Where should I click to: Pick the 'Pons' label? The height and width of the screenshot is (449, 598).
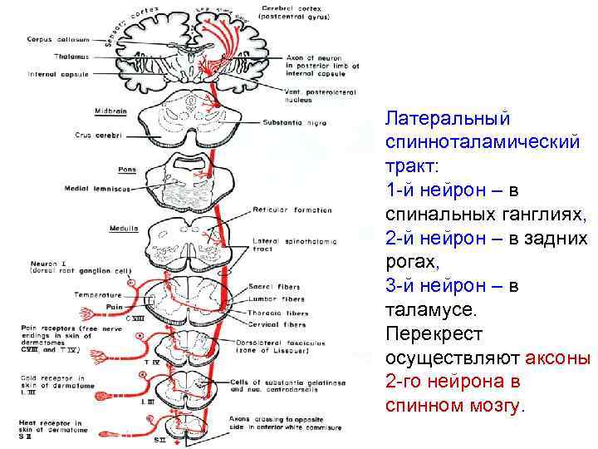pos(127,170)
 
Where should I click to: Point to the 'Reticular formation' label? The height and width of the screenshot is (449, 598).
pos(292,210)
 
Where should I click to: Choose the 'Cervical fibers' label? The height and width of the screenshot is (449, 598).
pos(277,324)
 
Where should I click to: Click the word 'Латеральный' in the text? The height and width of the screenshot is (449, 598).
pos(448,119)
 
